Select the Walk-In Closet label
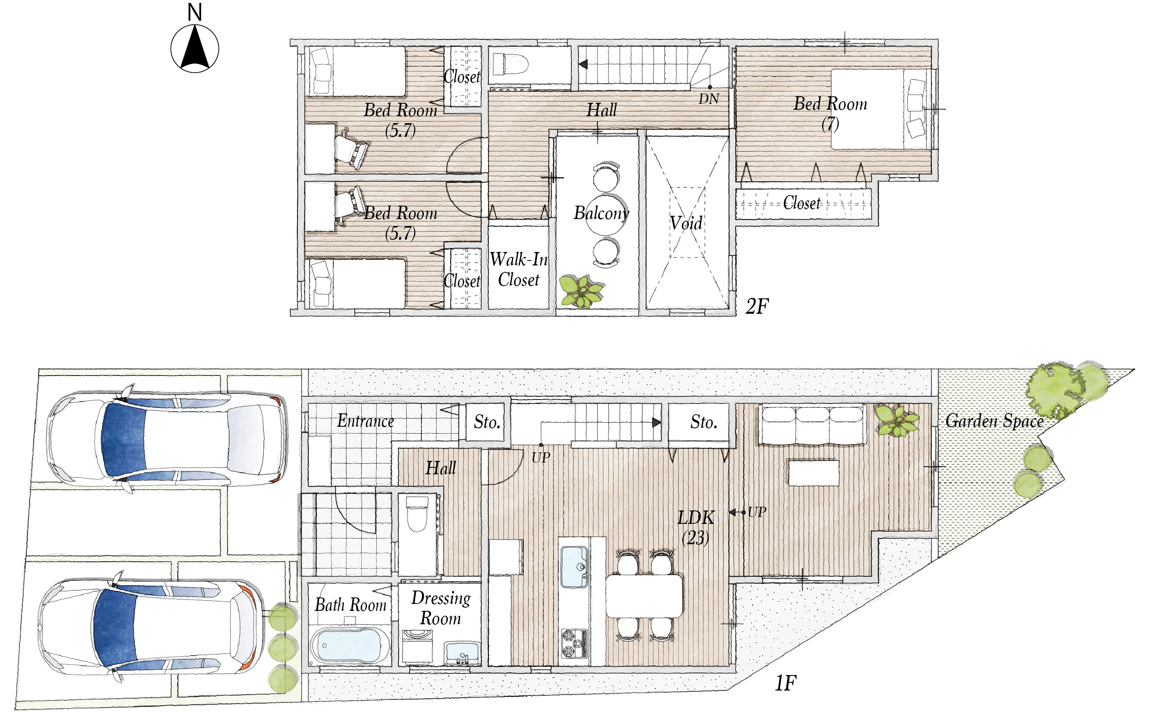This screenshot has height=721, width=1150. point(519,269)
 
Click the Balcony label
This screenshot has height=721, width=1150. point(601,213)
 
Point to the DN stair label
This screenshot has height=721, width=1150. point(709,99)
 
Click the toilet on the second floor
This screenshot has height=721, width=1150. point(510,64)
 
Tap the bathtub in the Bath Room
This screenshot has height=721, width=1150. point(349,645)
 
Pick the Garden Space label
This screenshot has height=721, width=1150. point(995,421)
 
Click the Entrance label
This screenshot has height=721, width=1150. point(366,421)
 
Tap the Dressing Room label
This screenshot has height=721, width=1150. point(441,608)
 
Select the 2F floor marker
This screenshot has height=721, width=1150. point(757,306)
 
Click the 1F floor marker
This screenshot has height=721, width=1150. point(785,683)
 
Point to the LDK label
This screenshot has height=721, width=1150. point(696,518)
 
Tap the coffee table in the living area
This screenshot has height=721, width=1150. point(814,473)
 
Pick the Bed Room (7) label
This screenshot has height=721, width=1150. point(830,113)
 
